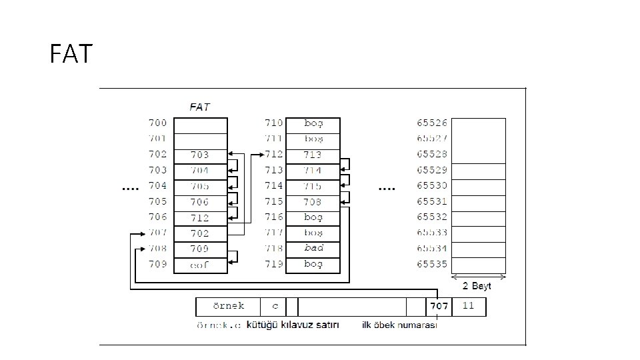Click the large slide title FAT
71,53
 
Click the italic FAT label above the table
200,107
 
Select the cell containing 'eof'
200,265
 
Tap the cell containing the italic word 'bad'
313,248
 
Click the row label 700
157,123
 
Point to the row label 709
157,264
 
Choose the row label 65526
432,123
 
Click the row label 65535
432,264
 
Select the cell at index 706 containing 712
200,217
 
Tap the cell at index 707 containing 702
200,233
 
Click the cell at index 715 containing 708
313,201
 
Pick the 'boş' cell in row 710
313,123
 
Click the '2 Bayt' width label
477,286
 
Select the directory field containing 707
439,307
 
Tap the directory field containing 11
469,307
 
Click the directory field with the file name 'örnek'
228,307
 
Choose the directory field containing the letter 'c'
274,307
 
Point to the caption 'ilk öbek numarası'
399,325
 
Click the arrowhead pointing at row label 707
142,233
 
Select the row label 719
275,264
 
